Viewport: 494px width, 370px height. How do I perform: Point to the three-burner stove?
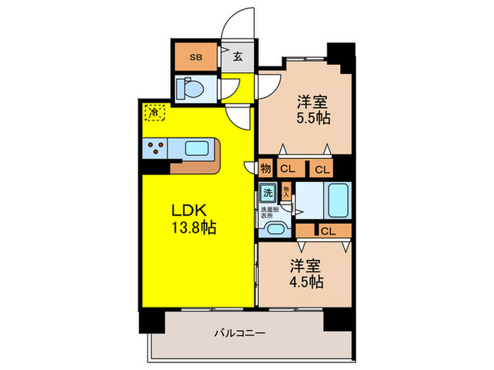coord(157,149)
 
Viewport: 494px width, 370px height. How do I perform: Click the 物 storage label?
coord(265,168)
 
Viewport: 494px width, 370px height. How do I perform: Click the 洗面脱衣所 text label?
coord(267,212)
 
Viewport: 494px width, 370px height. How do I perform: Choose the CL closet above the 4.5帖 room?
coord(326,230)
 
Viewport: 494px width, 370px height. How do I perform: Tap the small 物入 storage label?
coord(287,191)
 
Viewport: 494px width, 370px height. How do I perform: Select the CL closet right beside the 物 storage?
coord(288,168)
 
